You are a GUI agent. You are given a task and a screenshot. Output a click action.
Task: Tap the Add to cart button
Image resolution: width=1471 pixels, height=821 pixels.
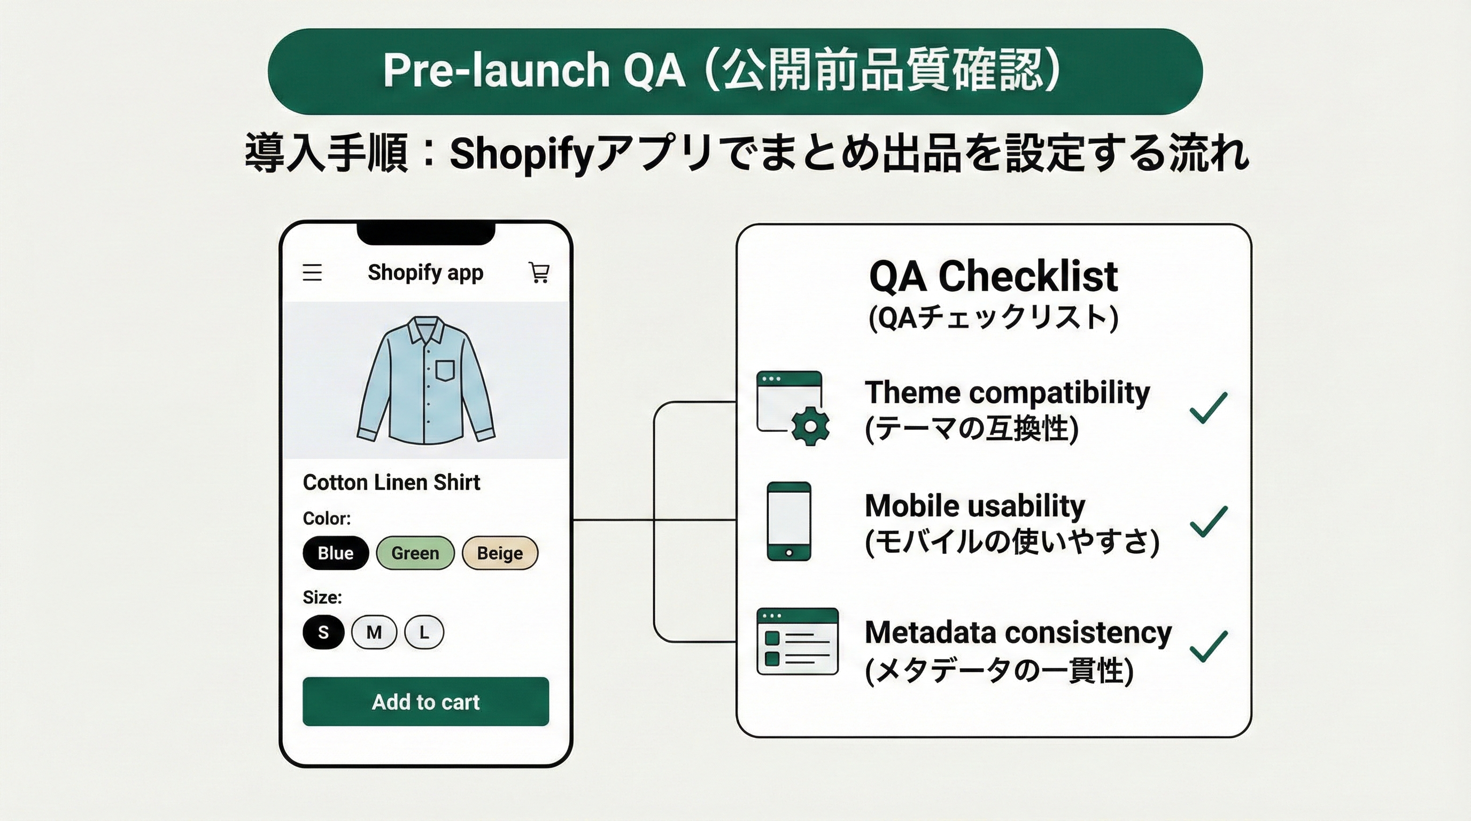(x=425, y=701)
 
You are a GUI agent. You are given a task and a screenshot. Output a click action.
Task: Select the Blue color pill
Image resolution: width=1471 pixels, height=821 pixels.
(x=335, y=553)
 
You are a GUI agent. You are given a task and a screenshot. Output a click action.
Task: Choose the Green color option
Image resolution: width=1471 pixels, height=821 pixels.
(x=415, y=553)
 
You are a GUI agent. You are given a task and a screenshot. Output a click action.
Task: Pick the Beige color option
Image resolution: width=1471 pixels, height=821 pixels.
(x=500, y=553)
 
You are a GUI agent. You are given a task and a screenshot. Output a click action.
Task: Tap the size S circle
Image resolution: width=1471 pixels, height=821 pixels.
(x=323, y=632)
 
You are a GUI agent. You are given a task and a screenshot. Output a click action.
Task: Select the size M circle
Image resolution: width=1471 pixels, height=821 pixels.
(x=374, y=632)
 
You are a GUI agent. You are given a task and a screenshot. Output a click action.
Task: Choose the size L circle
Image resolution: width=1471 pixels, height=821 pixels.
(x=424, y=632)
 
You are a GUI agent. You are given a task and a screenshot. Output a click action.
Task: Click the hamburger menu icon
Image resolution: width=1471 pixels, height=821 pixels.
(x=312, y=273)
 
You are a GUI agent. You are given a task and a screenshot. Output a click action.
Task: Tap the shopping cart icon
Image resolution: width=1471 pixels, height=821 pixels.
(x=539, y=273)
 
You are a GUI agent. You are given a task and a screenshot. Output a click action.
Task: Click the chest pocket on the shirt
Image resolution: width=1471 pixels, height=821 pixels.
(x=445, y=370)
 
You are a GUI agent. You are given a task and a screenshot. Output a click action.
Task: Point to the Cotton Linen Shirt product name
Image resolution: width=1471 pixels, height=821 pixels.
(x=391, y=483)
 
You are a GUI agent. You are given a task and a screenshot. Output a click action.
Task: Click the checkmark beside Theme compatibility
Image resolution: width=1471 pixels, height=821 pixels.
(x=1208, y=408)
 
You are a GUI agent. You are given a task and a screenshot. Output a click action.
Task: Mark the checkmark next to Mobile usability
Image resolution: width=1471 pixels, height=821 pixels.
(x=1208, y=521)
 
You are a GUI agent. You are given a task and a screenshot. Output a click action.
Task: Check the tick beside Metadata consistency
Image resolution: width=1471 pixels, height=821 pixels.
(x=1208, y=646)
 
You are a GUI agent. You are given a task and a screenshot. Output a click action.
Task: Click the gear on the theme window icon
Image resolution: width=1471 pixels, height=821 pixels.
(x=810, y=426)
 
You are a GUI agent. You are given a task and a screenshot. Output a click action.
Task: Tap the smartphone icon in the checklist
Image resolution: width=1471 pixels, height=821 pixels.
(x=788, y=521)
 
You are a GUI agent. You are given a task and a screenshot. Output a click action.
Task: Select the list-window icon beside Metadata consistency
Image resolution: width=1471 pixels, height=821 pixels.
(x=797, y=641)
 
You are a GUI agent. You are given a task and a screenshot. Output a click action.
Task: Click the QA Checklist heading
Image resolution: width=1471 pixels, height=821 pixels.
(x=993, y=276)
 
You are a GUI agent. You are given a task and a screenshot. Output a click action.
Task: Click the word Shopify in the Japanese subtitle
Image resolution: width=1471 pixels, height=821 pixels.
(x=521, y=154)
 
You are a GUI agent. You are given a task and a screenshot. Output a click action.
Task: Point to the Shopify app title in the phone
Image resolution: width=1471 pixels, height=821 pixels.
(x=425, y=273)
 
